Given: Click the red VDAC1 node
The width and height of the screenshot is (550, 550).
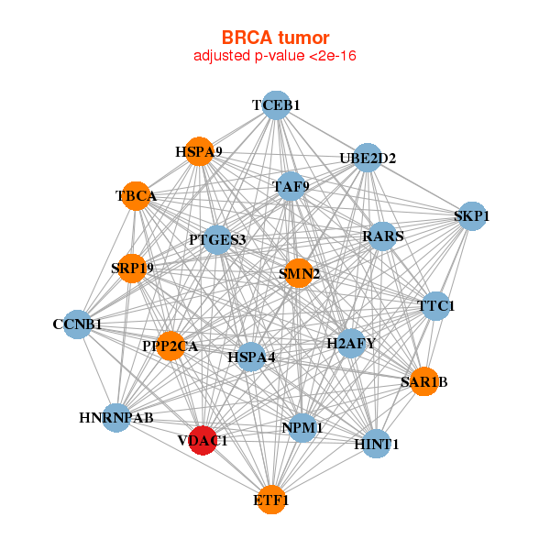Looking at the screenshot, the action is (x=203, y=440).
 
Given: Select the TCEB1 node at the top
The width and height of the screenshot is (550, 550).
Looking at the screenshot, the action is (x=276, y=105).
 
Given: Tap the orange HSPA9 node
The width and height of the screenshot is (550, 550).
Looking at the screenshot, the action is (x=199, y=151).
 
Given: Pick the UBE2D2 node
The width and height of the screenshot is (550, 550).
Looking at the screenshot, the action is (x=367, y=158).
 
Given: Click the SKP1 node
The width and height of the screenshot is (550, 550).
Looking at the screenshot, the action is (x=471, y=216).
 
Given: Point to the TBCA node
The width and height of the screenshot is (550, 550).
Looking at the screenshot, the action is (x=137, y=196).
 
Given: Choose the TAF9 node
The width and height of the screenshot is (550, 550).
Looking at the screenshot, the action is (x=291, y=187).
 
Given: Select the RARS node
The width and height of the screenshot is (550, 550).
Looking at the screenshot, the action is (x=382, y=236).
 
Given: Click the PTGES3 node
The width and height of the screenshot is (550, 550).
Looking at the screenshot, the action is (x=217, y=240).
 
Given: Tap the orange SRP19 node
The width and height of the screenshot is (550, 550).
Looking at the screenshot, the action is (x=133, y=269).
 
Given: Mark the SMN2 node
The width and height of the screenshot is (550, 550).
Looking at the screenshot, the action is (x=299, y=273).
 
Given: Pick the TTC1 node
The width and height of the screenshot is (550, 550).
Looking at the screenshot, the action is (x=435, y=305).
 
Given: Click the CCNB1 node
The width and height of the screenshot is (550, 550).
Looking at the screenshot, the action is (x=77, y=324).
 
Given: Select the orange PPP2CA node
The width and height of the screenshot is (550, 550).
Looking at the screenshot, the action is (x=170, y=346).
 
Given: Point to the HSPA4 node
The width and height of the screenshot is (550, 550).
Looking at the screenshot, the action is (x=251, y=357).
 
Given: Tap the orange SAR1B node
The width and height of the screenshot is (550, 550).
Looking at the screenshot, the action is (x=423, y=381).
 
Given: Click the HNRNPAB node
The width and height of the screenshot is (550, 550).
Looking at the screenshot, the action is (x=116, y=418).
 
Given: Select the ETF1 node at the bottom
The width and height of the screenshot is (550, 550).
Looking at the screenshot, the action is (x=271, y=500).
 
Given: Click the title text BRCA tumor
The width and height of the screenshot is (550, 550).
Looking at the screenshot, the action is (x=275, y=38).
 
